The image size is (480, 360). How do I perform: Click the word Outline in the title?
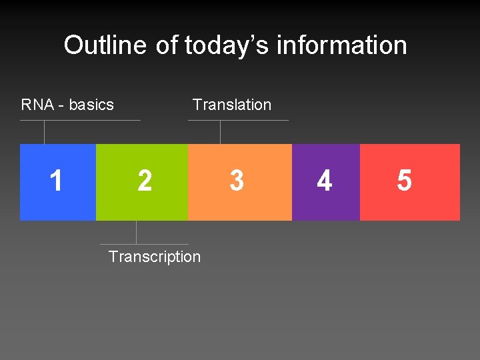[x=105, y=45]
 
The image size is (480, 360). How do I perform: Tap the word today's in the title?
[x=227, y=45]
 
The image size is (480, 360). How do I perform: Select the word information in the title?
[x=341, y=45]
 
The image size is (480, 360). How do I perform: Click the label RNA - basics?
[x=67, y=105]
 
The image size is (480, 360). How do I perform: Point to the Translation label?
[x=231, y=105]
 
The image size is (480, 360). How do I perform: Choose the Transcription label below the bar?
[x=154, y=257]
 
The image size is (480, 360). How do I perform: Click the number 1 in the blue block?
[x=57, y=181]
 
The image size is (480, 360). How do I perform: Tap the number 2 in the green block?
[x=144, y=181]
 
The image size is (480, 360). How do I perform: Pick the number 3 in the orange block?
[x=237, y=181]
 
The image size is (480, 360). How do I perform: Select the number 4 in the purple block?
[x=325, y=181]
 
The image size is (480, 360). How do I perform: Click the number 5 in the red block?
[x=404, y=181]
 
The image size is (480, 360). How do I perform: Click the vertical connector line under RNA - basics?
[x=44, y=132]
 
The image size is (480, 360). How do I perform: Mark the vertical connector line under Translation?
[x=220, y=132]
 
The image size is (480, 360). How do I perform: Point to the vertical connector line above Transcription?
[x=136, y=232]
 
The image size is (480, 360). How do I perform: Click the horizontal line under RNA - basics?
[x=80, y=121]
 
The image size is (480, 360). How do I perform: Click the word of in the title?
[x=167, y=45]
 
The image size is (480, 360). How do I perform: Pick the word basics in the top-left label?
[x=91, y=105]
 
